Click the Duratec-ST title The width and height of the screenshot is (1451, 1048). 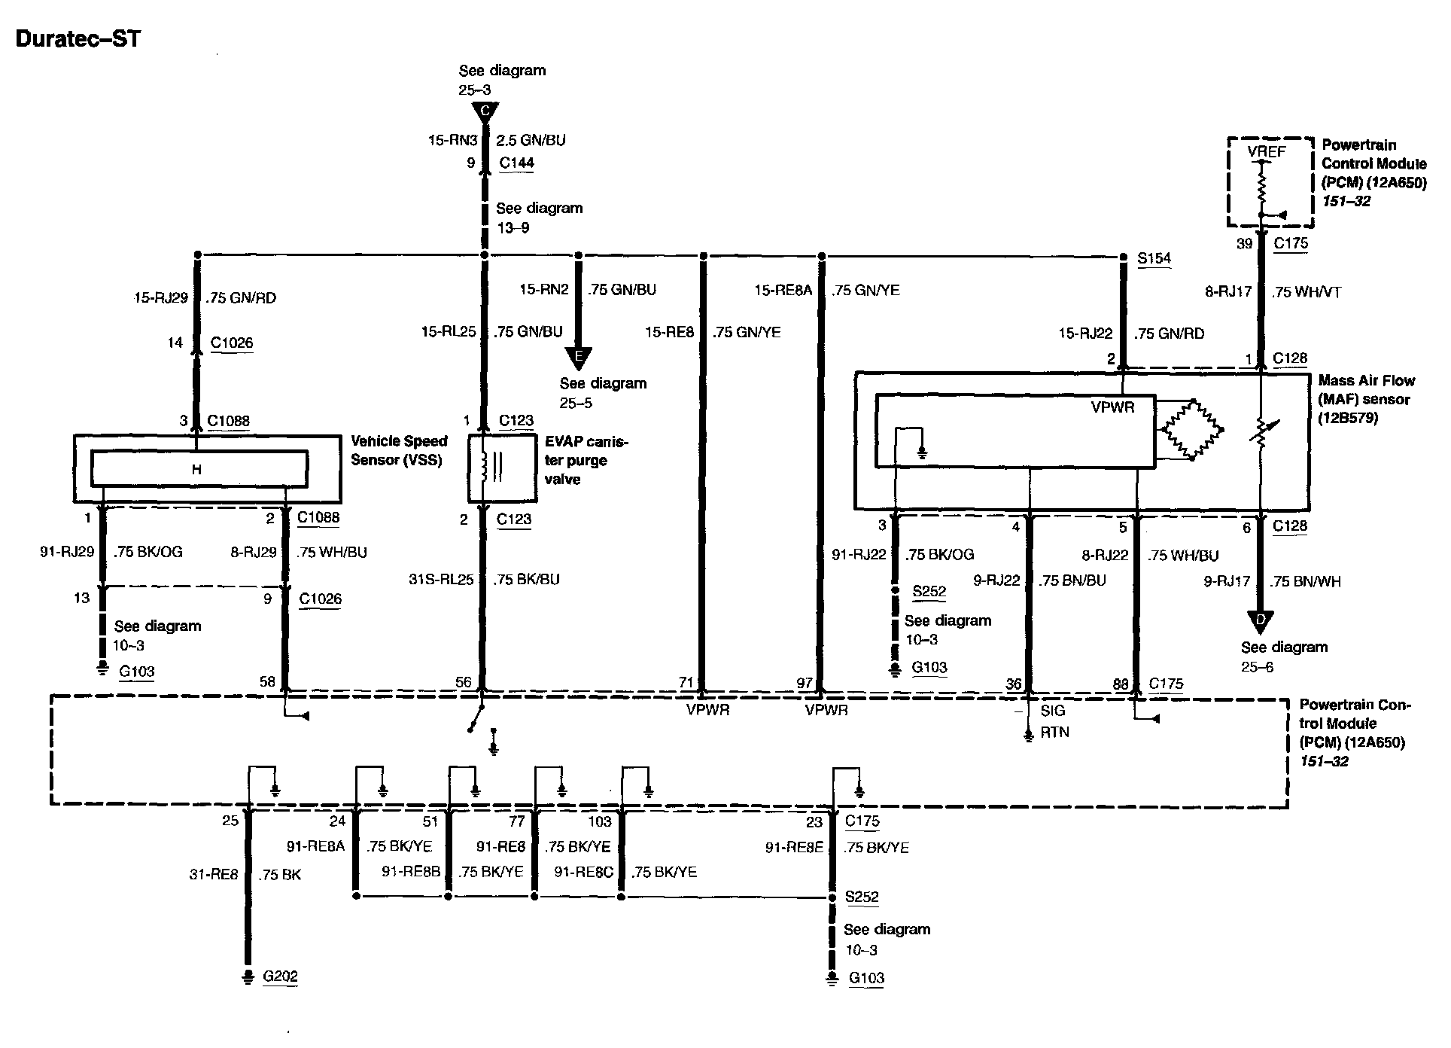coord(78,38)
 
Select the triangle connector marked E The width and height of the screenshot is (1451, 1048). coord(578,357)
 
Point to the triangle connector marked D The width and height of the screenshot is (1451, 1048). coord(1259,620)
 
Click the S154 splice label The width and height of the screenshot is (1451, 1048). coord(1154,258)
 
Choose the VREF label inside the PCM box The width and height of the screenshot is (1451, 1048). coord(1267,152)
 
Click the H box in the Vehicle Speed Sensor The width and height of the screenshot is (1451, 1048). coord(199,469)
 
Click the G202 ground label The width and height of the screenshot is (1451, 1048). coord(280,976)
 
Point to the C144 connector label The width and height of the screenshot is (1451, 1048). coord(516,163)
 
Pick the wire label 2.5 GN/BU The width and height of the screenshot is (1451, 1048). coord(531,140)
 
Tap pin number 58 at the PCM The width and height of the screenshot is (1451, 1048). coord(267,682)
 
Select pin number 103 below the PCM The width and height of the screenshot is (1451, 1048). coord(600,822)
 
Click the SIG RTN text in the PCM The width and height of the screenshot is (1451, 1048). coord(1054,721)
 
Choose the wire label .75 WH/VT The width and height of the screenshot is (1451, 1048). coord(1307,292)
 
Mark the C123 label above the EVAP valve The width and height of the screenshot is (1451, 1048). coord(516,421)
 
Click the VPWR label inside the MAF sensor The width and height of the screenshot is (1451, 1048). coord(1112,407)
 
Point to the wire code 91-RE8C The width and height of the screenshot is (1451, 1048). coord(583,872)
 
